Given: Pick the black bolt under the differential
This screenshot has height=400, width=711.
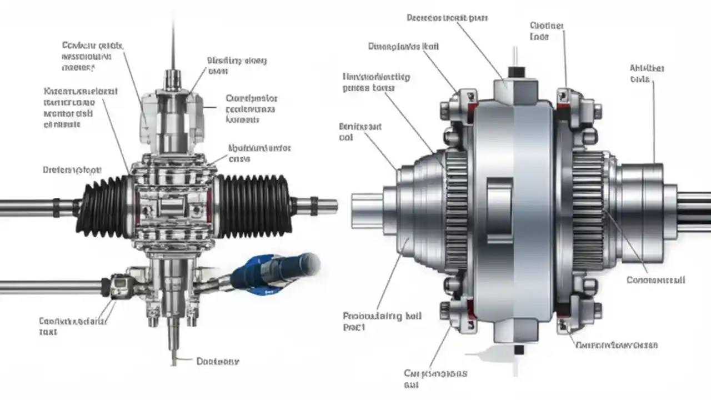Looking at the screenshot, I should point(518,349).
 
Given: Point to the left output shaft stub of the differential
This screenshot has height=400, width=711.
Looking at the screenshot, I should point(367,205).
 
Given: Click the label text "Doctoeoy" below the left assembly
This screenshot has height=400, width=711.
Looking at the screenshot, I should point(218,361).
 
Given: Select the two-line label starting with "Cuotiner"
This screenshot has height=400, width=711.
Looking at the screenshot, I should point(547,31).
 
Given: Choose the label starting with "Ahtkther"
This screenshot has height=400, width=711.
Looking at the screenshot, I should point(647,73).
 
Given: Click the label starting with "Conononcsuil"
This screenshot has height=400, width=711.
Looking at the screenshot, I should point(655,280).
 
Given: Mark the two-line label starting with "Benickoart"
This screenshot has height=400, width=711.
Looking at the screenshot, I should point(360,132).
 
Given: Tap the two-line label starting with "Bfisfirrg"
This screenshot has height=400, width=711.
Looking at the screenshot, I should point(237,66).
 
